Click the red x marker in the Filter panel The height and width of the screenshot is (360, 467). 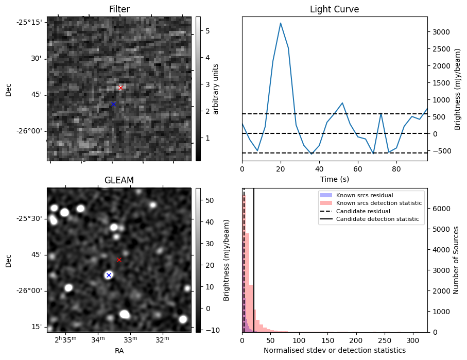point(120,88)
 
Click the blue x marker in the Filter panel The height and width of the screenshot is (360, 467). point(113,105)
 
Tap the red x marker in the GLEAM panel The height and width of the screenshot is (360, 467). point(119,260)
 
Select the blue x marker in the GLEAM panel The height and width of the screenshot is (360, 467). point(109,275)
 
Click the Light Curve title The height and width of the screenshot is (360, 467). point(334,10)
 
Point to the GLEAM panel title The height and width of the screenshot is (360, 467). point(119,180)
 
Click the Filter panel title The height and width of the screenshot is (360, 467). point(119,10)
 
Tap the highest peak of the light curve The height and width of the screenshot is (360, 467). point(281,23)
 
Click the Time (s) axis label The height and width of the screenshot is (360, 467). point(334,178)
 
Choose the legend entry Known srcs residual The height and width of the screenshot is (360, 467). point(365,195)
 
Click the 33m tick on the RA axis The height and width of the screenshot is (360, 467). point(130,339)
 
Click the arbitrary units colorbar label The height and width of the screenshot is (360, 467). point(216,89)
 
